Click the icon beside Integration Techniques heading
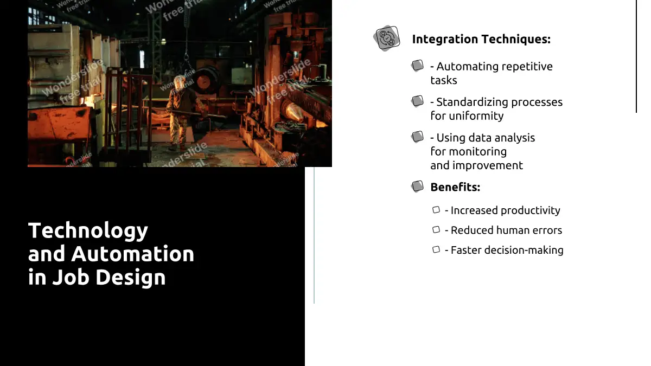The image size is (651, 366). click(x=386, y=38)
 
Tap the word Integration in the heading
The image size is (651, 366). click(x=445, y=39)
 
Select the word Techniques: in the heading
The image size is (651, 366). click(x=516, y=39)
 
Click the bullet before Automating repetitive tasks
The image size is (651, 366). click(x=417, y=66)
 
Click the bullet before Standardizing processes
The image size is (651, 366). click(x=417, y=101)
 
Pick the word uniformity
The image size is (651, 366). click(x=476, y=116)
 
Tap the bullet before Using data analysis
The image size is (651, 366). click(x=417, y=137)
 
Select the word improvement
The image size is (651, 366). click(x=488, y=165)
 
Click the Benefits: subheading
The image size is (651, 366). click(x=455, y=188)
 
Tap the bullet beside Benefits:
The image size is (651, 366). click(x=417, y=186)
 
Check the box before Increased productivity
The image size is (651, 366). click(x=436, y=210)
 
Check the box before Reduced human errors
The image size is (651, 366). click(x=436, y=230)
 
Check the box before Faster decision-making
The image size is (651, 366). click(x=436, y=249)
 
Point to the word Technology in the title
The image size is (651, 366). click(x=88, y=231)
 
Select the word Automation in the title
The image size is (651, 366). click(x=132, y=254)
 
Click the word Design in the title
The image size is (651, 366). click(x=131, y=278)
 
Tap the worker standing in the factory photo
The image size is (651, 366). click(x=182, y=112)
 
